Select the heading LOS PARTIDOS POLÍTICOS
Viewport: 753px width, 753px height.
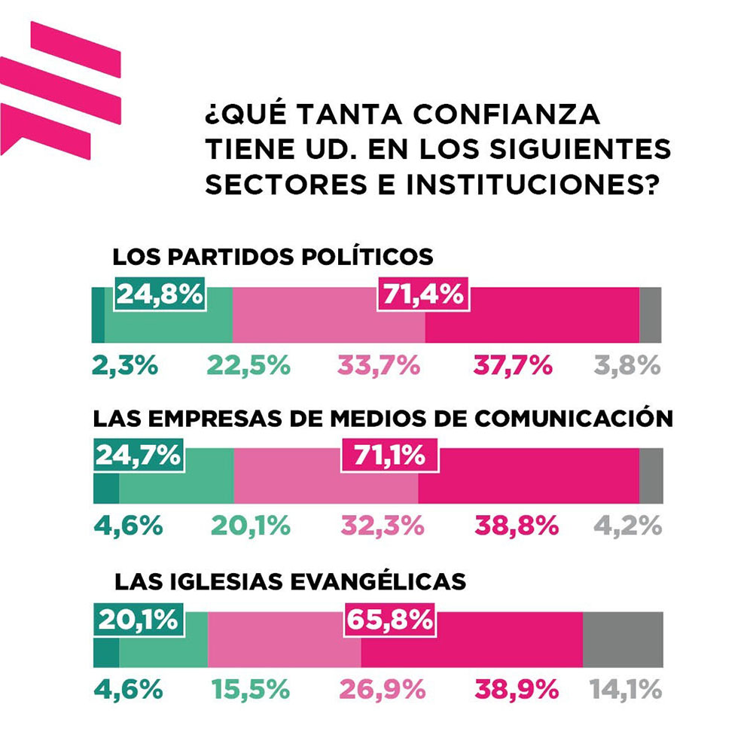click(273, 257)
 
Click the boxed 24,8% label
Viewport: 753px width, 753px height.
click(159, 294)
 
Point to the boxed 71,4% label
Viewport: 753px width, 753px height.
click(422, 294)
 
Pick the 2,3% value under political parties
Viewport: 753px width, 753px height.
click(125, 366)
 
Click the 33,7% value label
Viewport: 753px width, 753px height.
click(376, 366)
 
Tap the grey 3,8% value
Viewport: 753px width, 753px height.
click(627, 366)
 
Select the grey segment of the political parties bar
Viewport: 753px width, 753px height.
click(651, 315)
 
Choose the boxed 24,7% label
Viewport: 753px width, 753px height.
click(138, 455)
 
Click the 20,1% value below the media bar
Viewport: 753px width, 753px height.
click(250, 526)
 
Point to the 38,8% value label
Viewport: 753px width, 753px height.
click(517, 526)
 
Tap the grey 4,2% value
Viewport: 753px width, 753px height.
click(627, 526)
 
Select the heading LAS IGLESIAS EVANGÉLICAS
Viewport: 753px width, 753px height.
click(290, 582)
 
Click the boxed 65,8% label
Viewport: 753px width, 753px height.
click(389, 619)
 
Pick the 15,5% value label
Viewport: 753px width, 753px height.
click(250, 688)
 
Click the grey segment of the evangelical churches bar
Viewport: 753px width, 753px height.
click(623, 639)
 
